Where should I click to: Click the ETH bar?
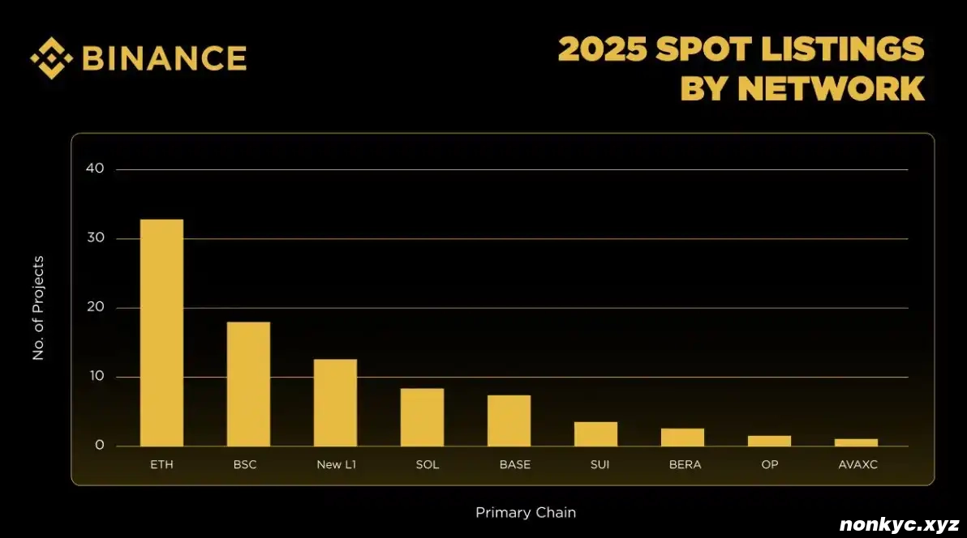[161, 332]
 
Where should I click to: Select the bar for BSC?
[248, 384]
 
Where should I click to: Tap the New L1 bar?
[335, 403]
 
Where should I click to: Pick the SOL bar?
[422, 417]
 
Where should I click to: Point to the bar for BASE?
[509, 421]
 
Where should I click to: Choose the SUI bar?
[595, 434]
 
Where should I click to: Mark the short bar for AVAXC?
[856, 442]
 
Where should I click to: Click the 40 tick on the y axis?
[95, 169]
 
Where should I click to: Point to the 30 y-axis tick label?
[95, 238]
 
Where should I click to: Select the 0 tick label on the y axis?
[99, 446]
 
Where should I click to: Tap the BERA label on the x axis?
[685, 465]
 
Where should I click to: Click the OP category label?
[769, 465]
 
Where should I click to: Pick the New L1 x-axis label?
[335, 465]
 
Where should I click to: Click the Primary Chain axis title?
[526, 513]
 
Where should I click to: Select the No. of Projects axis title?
[38, 308]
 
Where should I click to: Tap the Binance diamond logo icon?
[52, 58]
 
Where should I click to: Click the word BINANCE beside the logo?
[165, 58]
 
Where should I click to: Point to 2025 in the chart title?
[603, 49]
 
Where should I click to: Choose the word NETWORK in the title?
[831, 88]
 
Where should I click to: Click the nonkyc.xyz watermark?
[899, 524]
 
